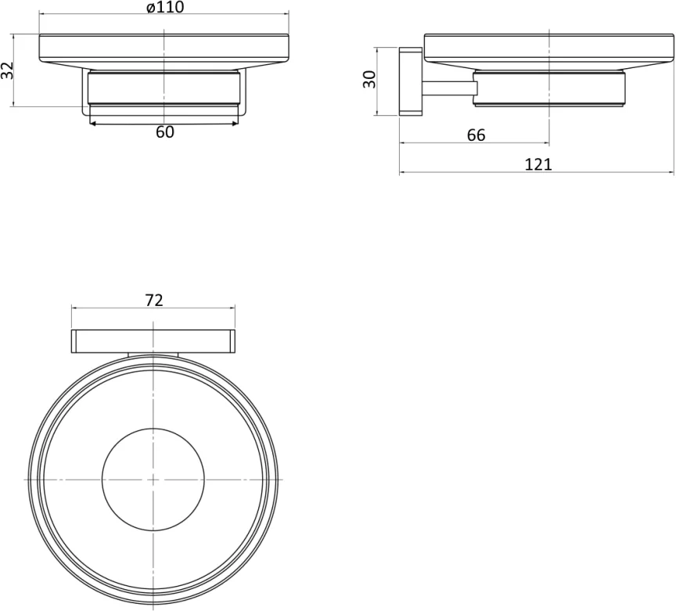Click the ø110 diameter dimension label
165,7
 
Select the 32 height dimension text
7,70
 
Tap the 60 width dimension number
164,132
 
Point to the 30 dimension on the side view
369,80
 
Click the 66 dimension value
476,135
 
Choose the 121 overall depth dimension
538,165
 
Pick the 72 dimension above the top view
154,300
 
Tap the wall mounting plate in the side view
410,81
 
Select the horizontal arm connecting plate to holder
448,88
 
